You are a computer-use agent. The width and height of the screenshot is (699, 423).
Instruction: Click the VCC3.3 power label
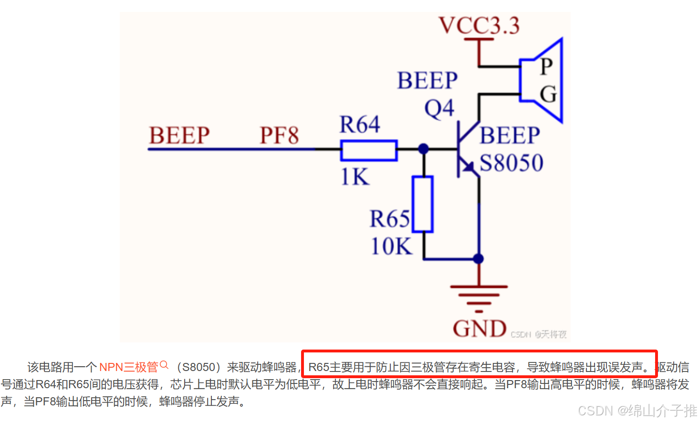tap(479, 26)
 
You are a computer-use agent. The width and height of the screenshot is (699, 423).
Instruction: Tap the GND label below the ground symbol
tap(479, 329)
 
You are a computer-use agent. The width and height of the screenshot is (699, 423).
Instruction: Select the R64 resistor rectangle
tap(368, 150)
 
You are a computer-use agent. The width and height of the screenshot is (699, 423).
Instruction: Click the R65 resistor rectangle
tap(423, 204)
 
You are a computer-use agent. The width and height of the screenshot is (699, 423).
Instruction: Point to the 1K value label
tap(355, 177)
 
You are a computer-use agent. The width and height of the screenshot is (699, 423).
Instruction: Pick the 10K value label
tap(391, 247)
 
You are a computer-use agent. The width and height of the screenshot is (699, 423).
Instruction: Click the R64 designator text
tap(359, 125)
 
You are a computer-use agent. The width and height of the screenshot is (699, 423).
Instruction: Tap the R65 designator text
tap(389, 219)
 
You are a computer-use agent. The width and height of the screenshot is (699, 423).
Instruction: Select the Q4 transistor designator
tap(439, 109)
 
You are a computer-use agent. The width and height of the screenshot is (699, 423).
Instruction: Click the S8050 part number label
tap(511, 163)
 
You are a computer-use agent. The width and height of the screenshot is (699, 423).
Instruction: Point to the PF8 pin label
tap(279, 135)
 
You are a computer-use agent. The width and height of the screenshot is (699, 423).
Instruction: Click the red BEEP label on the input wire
tap(179, 135)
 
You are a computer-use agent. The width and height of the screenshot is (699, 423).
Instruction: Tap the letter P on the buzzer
tap(546, 66)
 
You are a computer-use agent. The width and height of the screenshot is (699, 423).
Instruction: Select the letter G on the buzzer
tap(548, 94)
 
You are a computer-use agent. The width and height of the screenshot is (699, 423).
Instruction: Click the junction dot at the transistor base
tap(423, 149)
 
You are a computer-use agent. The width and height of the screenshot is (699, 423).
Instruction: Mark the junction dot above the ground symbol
tap(479, 259)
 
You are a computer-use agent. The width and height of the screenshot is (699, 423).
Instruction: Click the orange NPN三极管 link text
tap(128, 367)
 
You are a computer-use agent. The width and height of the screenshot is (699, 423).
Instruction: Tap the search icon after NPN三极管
tap(164, 365)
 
